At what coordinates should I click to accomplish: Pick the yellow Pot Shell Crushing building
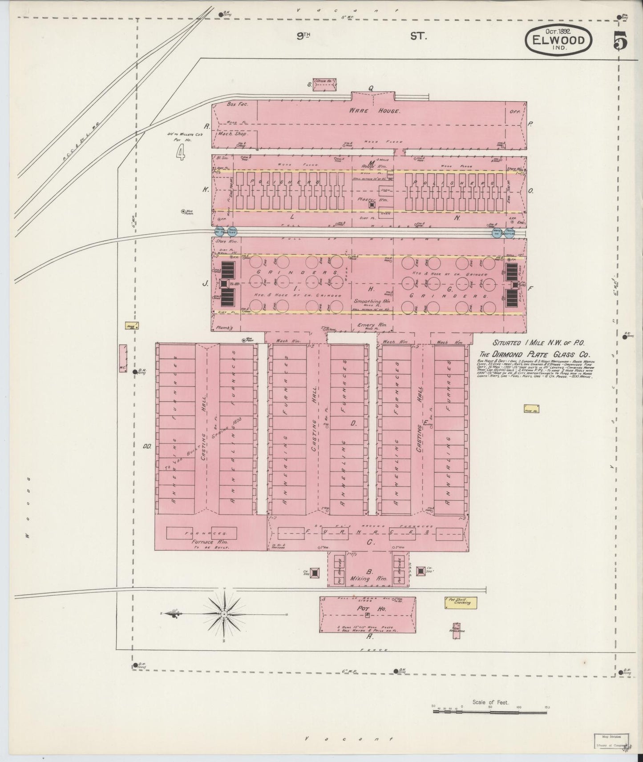pyautogui.click(x=461, y=602)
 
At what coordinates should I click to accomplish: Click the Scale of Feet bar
pyautogui.click(x=489, y=711)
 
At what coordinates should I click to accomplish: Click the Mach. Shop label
pyautogui.click(x=231, y=133)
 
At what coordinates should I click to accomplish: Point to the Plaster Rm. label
pyautogui.click(x=370, y=200)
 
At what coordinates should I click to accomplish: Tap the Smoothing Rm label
pyautogui.click(x=369, y=301)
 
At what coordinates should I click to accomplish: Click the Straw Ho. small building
pyautogui.click(x=324, y=84)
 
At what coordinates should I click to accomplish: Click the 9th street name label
pyautogui.click(x=304, y=37)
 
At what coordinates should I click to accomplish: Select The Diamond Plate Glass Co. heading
pyautogui.click(x=534, y=354)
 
